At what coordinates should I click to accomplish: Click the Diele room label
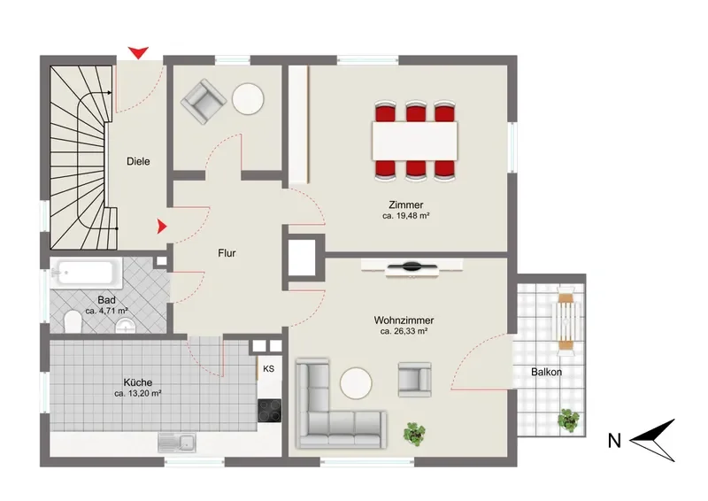coord(138,161)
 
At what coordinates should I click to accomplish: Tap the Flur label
coord(227,253)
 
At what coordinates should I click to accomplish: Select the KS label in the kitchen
coord(269,368)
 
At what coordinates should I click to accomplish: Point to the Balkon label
coord(546,373)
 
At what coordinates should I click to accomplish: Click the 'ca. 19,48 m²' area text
coord(405,216)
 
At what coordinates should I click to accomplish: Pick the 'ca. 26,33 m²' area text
coord(404,332)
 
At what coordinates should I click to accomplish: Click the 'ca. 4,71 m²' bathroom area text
coord(106,311)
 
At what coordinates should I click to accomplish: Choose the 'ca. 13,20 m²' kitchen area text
coord(138,394)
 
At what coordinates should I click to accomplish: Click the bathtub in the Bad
coord(86,274)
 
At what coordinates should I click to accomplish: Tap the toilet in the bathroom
coord(73,321)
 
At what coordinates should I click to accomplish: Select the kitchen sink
coord(176,443)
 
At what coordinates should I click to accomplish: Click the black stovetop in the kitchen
coord(270,411)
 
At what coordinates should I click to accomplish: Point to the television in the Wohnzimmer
coord(412,267)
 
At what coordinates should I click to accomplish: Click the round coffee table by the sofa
coord(356,383)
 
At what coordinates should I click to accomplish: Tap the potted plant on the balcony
coord(568,420)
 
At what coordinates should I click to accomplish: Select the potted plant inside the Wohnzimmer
coord(414,434)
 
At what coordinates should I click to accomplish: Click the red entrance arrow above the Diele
coord(138,52)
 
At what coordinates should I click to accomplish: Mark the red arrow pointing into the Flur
coord(162,227)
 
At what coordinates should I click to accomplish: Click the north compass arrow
coord(652,440)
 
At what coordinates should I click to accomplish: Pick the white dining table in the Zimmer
coord(414,141)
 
